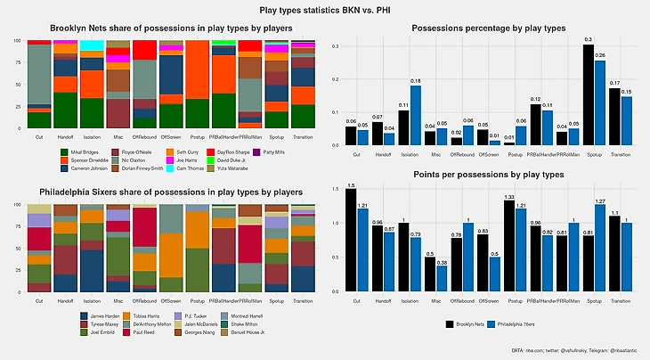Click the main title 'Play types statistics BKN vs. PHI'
tap(324, 10)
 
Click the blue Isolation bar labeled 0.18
tap(416, 115)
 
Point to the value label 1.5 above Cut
tap(350, 185)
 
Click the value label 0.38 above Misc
tap(443, 263)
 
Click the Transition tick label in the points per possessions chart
tap(620, 301)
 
